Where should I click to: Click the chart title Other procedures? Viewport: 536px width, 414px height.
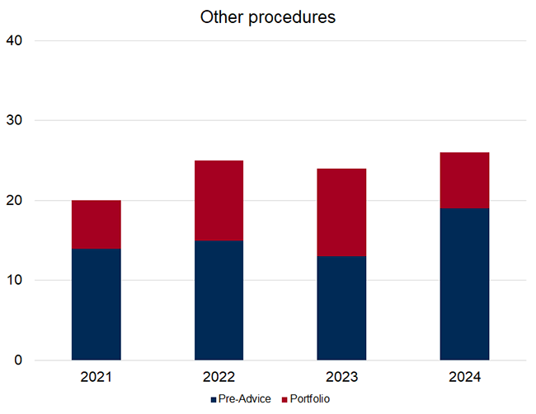point(268,17)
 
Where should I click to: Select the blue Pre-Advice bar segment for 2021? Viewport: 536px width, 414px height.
point(96,304)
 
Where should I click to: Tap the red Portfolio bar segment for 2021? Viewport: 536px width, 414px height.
point(96,224)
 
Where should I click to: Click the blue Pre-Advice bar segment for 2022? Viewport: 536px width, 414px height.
point(219,300)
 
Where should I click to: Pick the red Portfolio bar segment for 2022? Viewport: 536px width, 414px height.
point(219,200)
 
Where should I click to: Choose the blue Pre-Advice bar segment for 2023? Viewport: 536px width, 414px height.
point(341,308)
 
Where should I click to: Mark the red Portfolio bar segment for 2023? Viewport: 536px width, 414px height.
point(341,212)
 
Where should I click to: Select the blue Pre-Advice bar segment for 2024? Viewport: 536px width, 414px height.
point(464,284)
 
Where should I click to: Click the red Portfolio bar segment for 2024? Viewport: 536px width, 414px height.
point(464,180)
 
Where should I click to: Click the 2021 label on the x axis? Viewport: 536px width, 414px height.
point(96,378)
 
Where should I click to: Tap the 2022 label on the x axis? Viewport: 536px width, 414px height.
point(219,378)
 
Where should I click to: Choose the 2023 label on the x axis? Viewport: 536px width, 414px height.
point(341,378)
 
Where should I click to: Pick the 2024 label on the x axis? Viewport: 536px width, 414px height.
point(464,378)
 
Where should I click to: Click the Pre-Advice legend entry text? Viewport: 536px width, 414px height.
point(244,399)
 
